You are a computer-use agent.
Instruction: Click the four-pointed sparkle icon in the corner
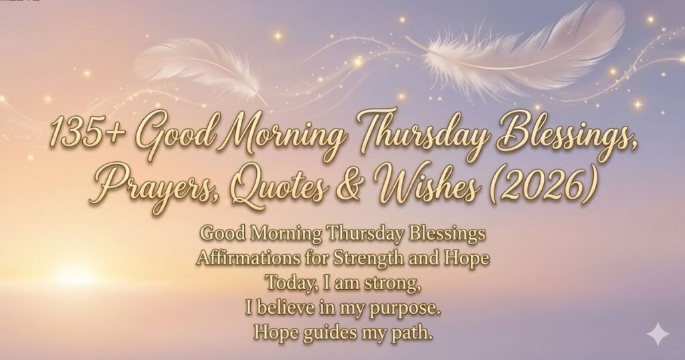pyautogui.click(x=658, y=335)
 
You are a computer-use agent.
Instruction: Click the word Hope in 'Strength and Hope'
pyautogui.click(x=466, y=259)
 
